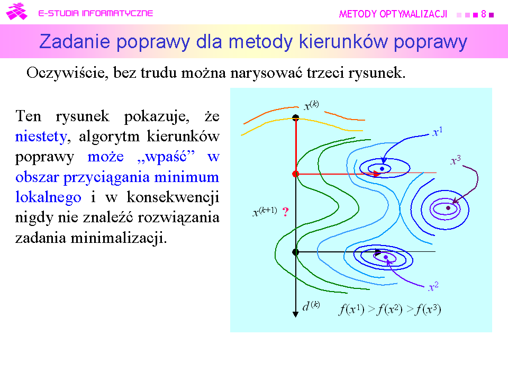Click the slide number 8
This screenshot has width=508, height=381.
(483, 14)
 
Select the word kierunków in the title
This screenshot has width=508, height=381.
(343, 42)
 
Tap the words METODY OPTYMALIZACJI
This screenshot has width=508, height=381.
(393, 14)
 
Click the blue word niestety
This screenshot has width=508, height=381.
(41, 137)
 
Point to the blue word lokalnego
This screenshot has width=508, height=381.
(48, 197)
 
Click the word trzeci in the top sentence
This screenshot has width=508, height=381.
(325, 72)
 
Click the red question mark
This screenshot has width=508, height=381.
(285, 212)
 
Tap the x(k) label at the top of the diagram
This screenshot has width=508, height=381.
(311, 105)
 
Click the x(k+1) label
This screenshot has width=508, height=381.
(265, 212)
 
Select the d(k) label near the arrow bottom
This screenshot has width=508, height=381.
(311, 306)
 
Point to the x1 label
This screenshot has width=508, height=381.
(438, 132)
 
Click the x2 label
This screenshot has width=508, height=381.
(433, 286)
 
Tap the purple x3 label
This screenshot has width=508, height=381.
(456, 160)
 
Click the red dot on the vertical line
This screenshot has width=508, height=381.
(295, 174)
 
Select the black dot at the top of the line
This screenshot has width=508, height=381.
(295, 117)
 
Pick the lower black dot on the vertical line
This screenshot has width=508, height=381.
(295, 252)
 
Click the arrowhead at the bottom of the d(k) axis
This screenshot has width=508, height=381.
(295, 314)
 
